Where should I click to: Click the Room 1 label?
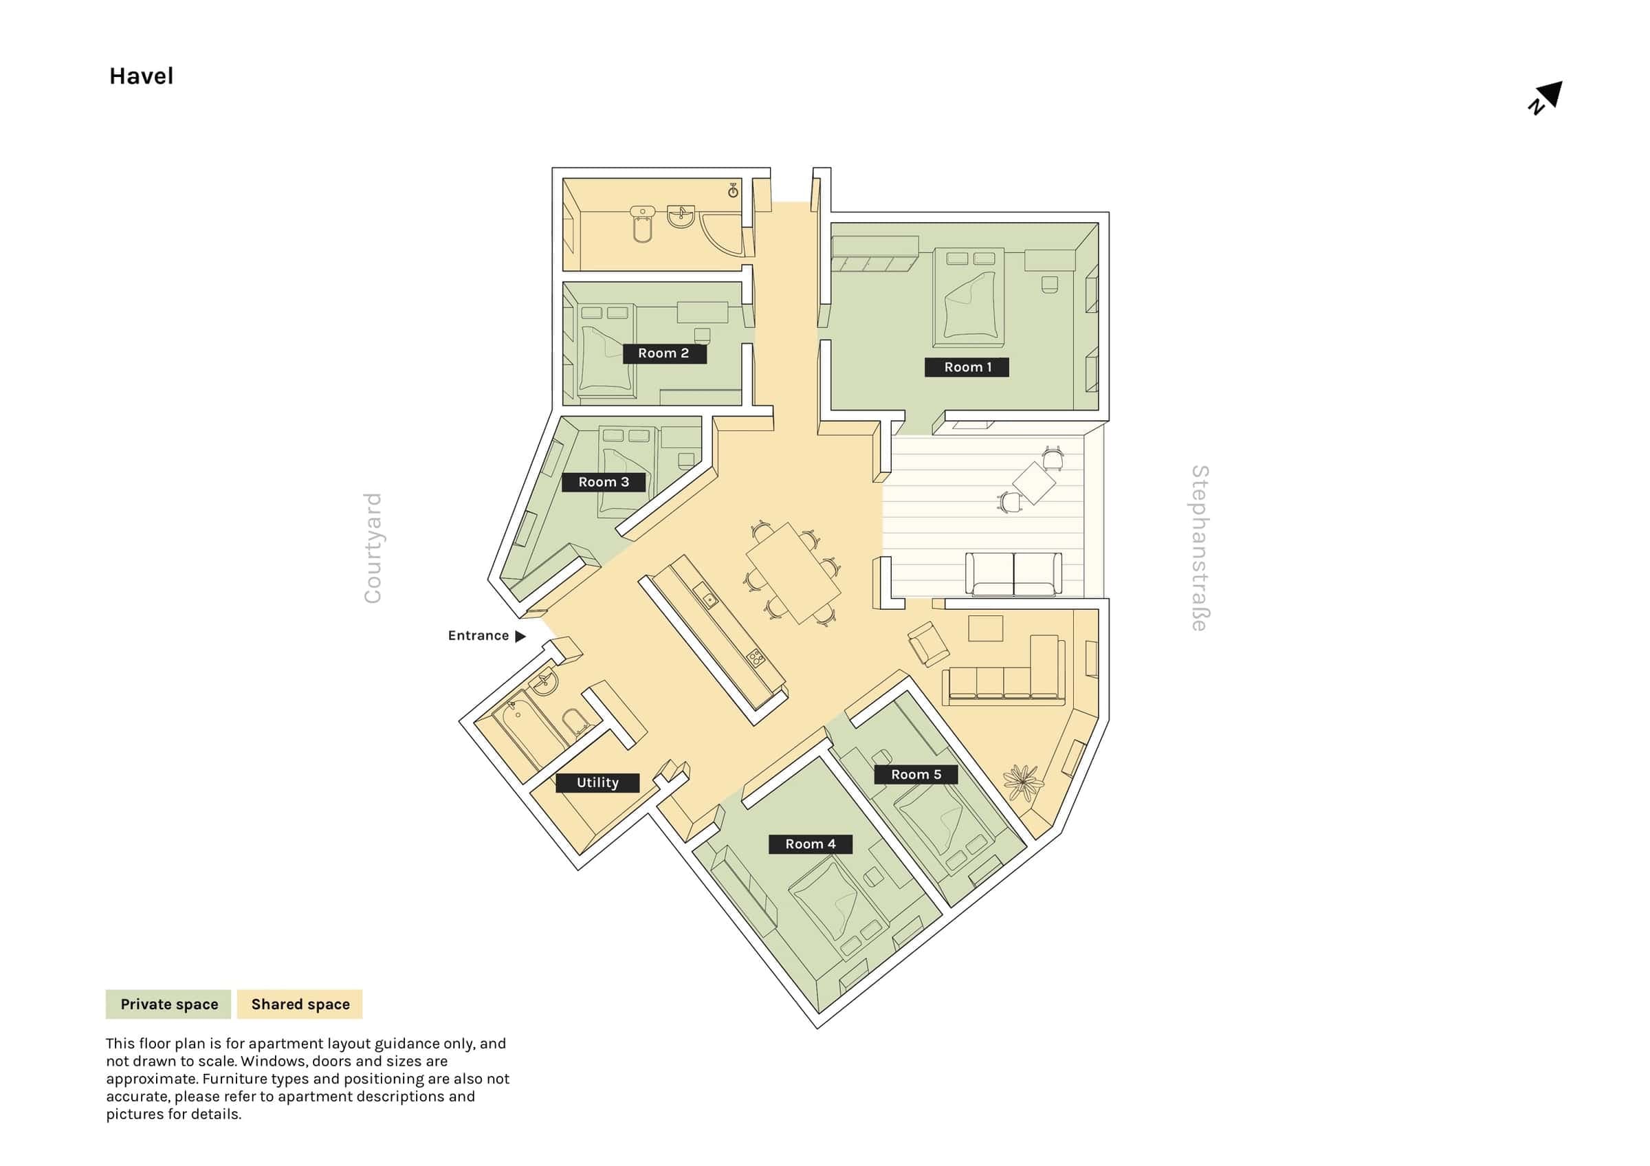pyautogui.click(x=967, y=367)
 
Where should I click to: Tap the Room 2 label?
pyautogui.click(x=663, y=353)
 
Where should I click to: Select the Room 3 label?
pyautogui.click(x=604, y=482)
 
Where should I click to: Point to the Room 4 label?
pyautogui.click(x=811, y=844)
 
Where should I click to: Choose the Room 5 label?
pyautogui.click(x=916, y=774)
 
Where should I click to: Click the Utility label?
pyautogui.click(x=598, y=782)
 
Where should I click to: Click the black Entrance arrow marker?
pyautogui.click(x=521, y=636)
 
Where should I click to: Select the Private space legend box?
pyautogui.click(x=169, y=1004)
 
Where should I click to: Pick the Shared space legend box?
pyautogui.click(x=300, y=1004)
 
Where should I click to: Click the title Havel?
pyautogui.click(x=142, y=76)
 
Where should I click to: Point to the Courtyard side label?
pyautogui.click(x=372, y=548)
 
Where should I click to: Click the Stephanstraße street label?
pyautogui.click(x=1200, y=548)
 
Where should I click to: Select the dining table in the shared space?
pyautogui.click(x=793, y=573)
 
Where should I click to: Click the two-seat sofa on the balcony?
pyautogui.click(x=1013, y=575)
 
